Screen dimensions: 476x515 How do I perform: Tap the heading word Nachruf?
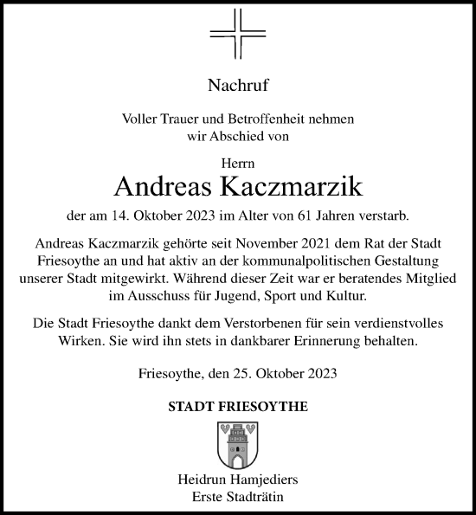237,85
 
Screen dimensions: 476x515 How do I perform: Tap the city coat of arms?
237,444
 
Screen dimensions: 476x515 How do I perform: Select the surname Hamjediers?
267,480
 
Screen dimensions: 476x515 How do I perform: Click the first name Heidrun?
203,480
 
